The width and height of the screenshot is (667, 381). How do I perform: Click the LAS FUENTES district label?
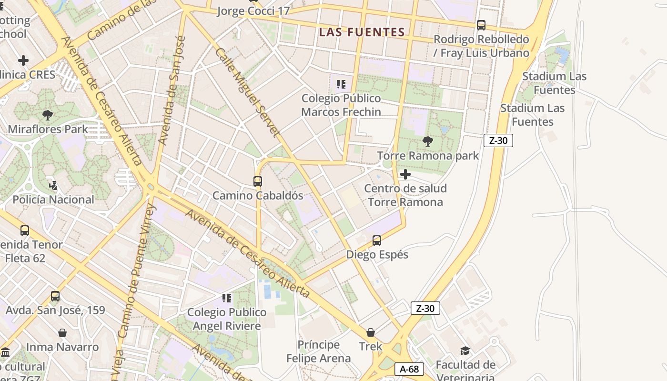pyautogui.click(x=362, y=32)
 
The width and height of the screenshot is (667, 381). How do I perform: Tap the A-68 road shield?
pyautogui.click(x=409, y=369)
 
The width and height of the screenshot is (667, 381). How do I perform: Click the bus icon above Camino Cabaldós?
pyautogui.click(x=258, y=181)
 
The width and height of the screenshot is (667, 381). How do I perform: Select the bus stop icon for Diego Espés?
pyautogui.click(x=377, y=241)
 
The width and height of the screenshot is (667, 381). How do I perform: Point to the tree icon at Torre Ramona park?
pyautogui.click(x=427, y=141)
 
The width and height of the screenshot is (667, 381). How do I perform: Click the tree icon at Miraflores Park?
pyautogui.click(x=48, y=115)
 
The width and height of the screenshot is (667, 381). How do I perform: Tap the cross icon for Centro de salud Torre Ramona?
pyautogui.click(x=405, y=174)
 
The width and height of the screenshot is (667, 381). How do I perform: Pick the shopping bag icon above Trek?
pyautogui.click(x=371, y=332)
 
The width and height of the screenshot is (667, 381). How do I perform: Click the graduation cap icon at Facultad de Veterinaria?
pyautogui.click(x=465, y=351)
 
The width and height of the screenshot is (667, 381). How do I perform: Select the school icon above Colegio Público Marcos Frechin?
pyautogui.click(x=341, y=84)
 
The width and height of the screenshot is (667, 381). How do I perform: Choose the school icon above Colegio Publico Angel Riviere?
pyautogui.click(x=227, y=298)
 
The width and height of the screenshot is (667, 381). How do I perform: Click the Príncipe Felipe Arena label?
pyautogui.click(x=318, y=351)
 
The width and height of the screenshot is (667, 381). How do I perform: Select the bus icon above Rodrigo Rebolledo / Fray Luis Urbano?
pyautogui.click(x=481, y=25)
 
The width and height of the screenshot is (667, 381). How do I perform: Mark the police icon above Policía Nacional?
pyautogui.click(x=53, y=185)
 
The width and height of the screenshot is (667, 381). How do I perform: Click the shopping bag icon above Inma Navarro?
pyautogui.click(x=62, y=332)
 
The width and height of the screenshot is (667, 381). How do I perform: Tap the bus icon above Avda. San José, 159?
pyautogui.click(x=55, y=296)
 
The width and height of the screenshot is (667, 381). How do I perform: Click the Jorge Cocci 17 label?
pyautogui.click(x=253, y=11)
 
